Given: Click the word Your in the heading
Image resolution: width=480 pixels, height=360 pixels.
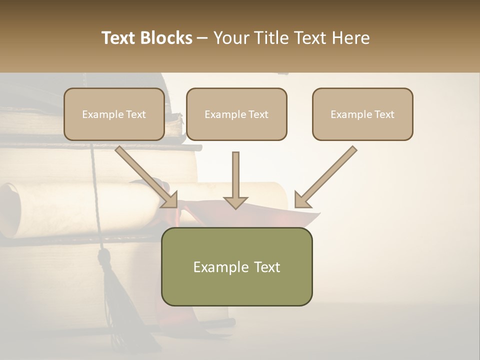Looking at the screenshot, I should click(231, 38).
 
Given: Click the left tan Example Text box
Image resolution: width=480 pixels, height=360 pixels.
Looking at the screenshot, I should click(114, 114).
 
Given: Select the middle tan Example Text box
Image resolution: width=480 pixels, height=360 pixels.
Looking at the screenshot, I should click(236, 114).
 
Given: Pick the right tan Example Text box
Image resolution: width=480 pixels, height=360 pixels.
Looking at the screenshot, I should click(362, 114).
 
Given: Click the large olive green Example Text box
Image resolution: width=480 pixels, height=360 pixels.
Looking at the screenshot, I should click(236, 266).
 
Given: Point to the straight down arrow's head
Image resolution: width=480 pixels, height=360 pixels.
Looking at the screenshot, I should click(235, 202).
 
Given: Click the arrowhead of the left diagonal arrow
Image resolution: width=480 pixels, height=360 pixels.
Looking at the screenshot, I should click(170, 200).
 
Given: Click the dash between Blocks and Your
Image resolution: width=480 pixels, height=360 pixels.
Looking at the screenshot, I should click(202, 38).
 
